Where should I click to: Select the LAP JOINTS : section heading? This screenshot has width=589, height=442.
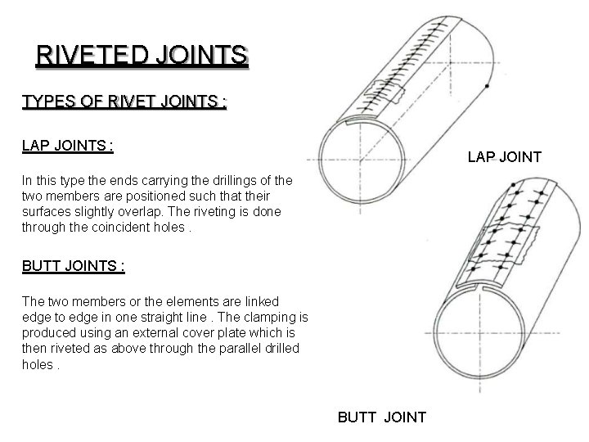click(x=67, y=146)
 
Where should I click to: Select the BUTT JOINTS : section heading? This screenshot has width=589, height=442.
click(x=74, y=265)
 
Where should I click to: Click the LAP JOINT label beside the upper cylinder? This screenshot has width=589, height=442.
click(x=504, y=156)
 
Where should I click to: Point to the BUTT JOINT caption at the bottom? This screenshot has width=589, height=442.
click(x=382, y=417)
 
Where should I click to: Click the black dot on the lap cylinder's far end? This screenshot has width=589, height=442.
click(x=488, y=85)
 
